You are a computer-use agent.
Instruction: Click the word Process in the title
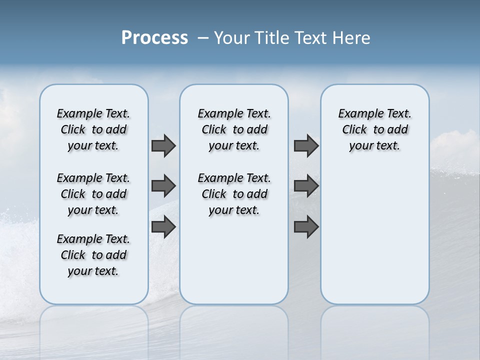(154, 38)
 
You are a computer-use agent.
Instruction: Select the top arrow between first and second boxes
(163, 146)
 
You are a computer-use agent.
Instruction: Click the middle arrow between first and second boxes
(163, 186)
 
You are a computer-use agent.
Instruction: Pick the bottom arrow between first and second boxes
(163, 227)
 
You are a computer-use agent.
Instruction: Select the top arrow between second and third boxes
(306, 146)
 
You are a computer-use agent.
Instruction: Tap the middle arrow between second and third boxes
(306, 186)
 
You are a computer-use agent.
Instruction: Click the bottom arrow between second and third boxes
(306, 227)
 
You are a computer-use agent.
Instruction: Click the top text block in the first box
(93, 129)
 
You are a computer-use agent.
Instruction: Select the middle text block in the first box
(93, 194)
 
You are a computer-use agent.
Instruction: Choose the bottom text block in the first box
(93, 255)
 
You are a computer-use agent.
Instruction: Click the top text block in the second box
(234, 129)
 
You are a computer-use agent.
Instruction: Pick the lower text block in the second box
(234, 194)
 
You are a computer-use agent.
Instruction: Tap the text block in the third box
(374, 129)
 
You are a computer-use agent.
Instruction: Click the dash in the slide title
(203, 38)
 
